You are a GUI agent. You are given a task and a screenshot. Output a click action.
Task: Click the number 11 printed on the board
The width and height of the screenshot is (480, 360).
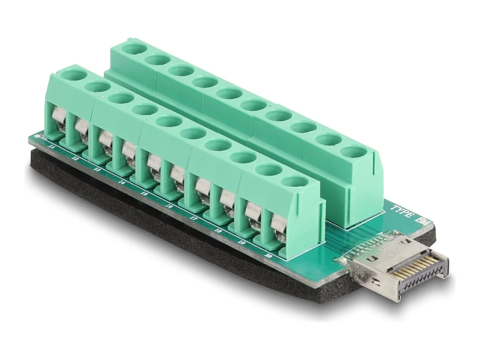coord(51,147)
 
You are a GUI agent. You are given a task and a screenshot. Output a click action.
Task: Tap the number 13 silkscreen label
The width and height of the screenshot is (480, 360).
coord(97,170)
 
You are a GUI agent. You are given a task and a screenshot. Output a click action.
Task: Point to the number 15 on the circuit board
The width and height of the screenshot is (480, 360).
coord(144,194)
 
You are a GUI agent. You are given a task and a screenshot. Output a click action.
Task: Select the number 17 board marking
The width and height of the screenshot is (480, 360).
coord(194,219)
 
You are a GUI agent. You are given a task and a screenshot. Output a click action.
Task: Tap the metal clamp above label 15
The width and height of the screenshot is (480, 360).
coord(154,162)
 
